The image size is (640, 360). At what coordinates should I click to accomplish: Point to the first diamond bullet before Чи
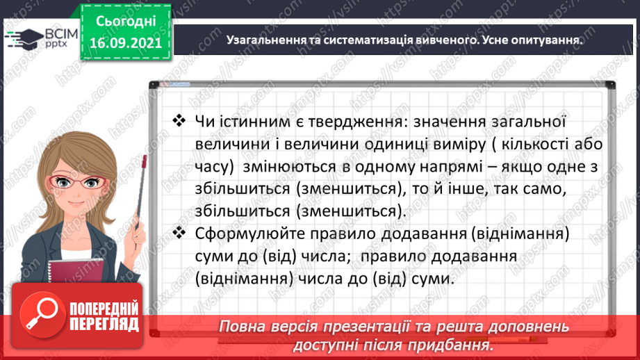(x=179, y=121)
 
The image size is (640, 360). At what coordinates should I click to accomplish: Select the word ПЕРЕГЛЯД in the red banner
(x=106, y=325)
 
